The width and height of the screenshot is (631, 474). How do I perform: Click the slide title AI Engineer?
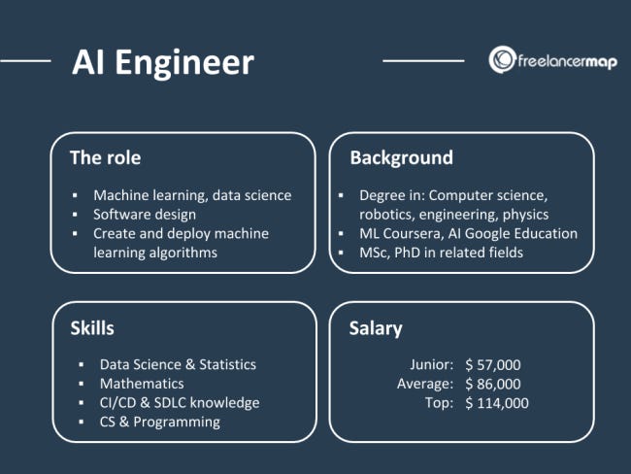(x=162, y=62)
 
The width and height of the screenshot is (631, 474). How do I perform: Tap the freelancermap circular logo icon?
(x=502, y=58)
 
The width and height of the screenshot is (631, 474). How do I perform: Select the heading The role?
(x=112, y=157)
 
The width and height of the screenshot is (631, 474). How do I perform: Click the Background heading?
(x=401, y=157)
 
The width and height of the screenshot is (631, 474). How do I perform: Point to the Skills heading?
(x=92, y=327)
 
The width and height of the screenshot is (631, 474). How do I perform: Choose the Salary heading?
(x=376, y=328)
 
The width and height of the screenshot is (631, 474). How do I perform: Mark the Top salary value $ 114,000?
(x=497, y=403)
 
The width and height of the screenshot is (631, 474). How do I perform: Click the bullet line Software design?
(x=145, y=214)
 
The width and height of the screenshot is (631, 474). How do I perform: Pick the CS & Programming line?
(x=160, y=422)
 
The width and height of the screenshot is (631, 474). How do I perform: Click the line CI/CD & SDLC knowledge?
(x=180, y=402)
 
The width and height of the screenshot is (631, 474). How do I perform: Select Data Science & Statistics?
(x=178, y=364)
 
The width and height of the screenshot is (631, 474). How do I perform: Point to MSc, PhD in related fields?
(x=442, y=253)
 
